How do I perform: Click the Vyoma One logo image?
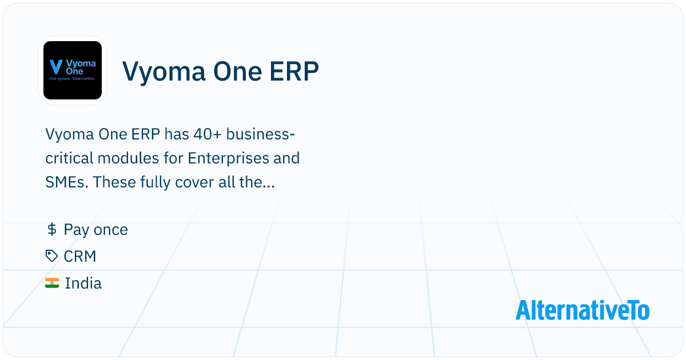(73, 70)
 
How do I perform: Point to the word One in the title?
(234, 73)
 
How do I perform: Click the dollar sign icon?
(51, 230)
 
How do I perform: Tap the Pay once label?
(95, 230)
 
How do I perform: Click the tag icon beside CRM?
(52, 257)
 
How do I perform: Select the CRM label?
(80, 257)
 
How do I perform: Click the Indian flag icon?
(52, 283)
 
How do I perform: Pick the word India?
(83, 283)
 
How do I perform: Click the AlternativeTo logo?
(583, 310)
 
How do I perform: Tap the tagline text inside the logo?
(72, 78)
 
